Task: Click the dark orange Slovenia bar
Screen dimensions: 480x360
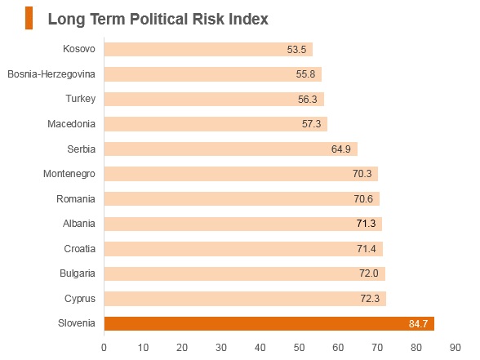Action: pyautogui.click(x=269, y=323)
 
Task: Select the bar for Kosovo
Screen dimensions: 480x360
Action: pyautogui.click(x=208, y=49)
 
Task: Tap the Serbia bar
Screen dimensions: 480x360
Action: pyautogui.click(x=231, y=149)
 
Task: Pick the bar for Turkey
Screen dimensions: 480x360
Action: pyautogui.click(x=214, y=100)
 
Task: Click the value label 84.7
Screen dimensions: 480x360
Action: pyautogui.click(x=418, y=323)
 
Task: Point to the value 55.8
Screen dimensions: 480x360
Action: pyautogui.click(x=305, y=74)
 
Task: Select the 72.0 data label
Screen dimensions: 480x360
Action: pyautogui.click(x=369, y=273)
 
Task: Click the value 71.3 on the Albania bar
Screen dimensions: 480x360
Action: pyautogui.click(x=366, y=224)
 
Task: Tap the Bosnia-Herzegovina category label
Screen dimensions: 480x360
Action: pyautogui.click(x=51, y=74)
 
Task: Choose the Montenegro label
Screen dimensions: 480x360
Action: pyautogui.click(x=69, y=174)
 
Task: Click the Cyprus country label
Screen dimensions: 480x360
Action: pyautogui.click(x=80, y=299)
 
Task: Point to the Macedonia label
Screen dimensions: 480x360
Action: pyautogui.click(x=71, y=124)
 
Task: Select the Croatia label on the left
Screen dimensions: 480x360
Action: pyautogui.click(x=80, y=248)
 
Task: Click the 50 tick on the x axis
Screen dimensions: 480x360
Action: pyautogui.click(x=299, y=348)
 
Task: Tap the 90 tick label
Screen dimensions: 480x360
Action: pyautogui.click(x=456, y=348)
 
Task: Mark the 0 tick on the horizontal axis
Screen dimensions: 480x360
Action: pyautogui.click(x=104, y=348)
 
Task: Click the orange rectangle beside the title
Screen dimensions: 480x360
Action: pyautogui.click(x=29, y=18)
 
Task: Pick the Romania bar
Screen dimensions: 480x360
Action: pyautogui.click(x=242, y=199)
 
